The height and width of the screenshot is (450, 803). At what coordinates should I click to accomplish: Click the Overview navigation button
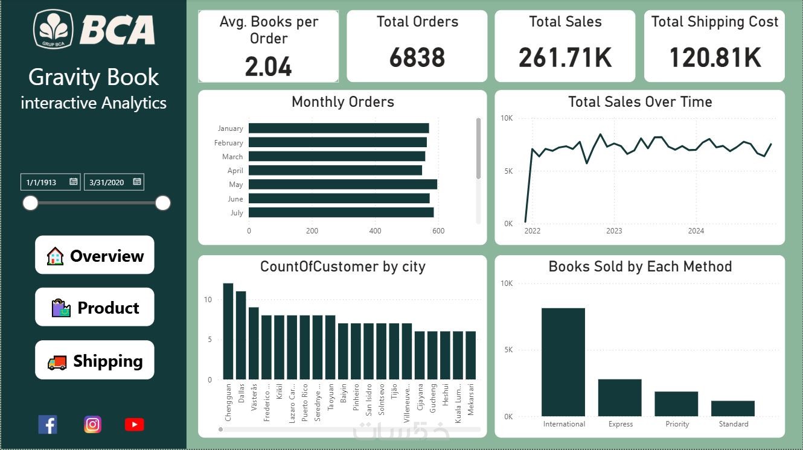coord(95,255)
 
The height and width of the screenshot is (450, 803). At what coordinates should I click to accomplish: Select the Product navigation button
coord(95,307)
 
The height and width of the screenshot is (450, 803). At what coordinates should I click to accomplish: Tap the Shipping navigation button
coord(95,360)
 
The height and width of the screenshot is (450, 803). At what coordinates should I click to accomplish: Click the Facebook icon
coord(48,425)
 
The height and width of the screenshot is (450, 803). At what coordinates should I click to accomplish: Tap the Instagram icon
coord(92,425)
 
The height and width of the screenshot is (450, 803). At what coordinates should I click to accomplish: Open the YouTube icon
coord(134,425)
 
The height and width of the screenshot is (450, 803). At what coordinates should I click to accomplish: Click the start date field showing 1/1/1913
coord(46,182)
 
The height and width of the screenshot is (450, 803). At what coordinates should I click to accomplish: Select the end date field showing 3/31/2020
coord(109,182)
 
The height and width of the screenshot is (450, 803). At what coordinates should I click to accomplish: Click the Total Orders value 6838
coord(417,58)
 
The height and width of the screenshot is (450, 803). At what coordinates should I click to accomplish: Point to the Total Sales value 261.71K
coord(565,58)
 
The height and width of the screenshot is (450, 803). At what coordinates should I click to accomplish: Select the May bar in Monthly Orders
coord(342,185)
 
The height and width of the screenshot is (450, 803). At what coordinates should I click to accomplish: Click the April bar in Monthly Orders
coord(335,171)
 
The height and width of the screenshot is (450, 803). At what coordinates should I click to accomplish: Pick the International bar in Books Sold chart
coord(563,362)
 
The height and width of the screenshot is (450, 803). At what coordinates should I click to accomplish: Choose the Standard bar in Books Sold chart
coord(733,408)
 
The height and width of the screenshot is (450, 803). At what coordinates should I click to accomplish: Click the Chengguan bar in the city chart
coord(228,331)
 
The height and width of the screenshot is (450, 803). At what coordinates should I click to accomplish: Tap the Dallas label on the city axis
coord(242,393)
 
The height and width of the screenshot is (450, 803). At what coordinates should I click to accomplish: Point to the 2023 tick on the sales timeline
coord(614,231)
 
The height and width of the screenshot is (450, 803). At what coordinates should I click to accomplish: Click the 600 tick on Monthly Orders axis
coord(438,231)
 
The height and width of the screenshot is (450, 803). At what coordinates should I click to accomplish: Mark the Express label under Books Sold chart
coord(620,424)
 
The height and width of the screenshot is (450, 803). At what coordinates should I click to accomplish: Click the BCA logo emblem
coord(54,29)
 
